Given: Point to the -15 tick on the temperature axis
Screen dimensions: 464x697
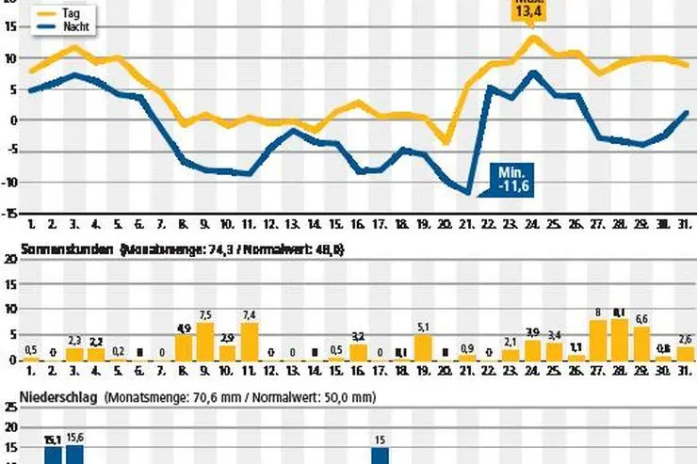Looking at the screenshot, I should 9,213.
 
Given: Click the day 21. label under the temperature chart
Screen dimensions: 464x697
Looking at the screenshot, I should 468,225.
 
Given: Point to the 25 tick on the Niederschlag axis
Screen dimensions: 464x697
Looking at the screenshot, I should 9,408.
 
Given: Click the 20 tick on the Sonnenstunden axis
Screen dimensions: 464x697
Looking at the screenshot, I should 9,260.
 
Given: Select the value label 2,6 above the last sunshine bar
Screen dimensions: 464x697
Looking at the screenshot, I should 686,339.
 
